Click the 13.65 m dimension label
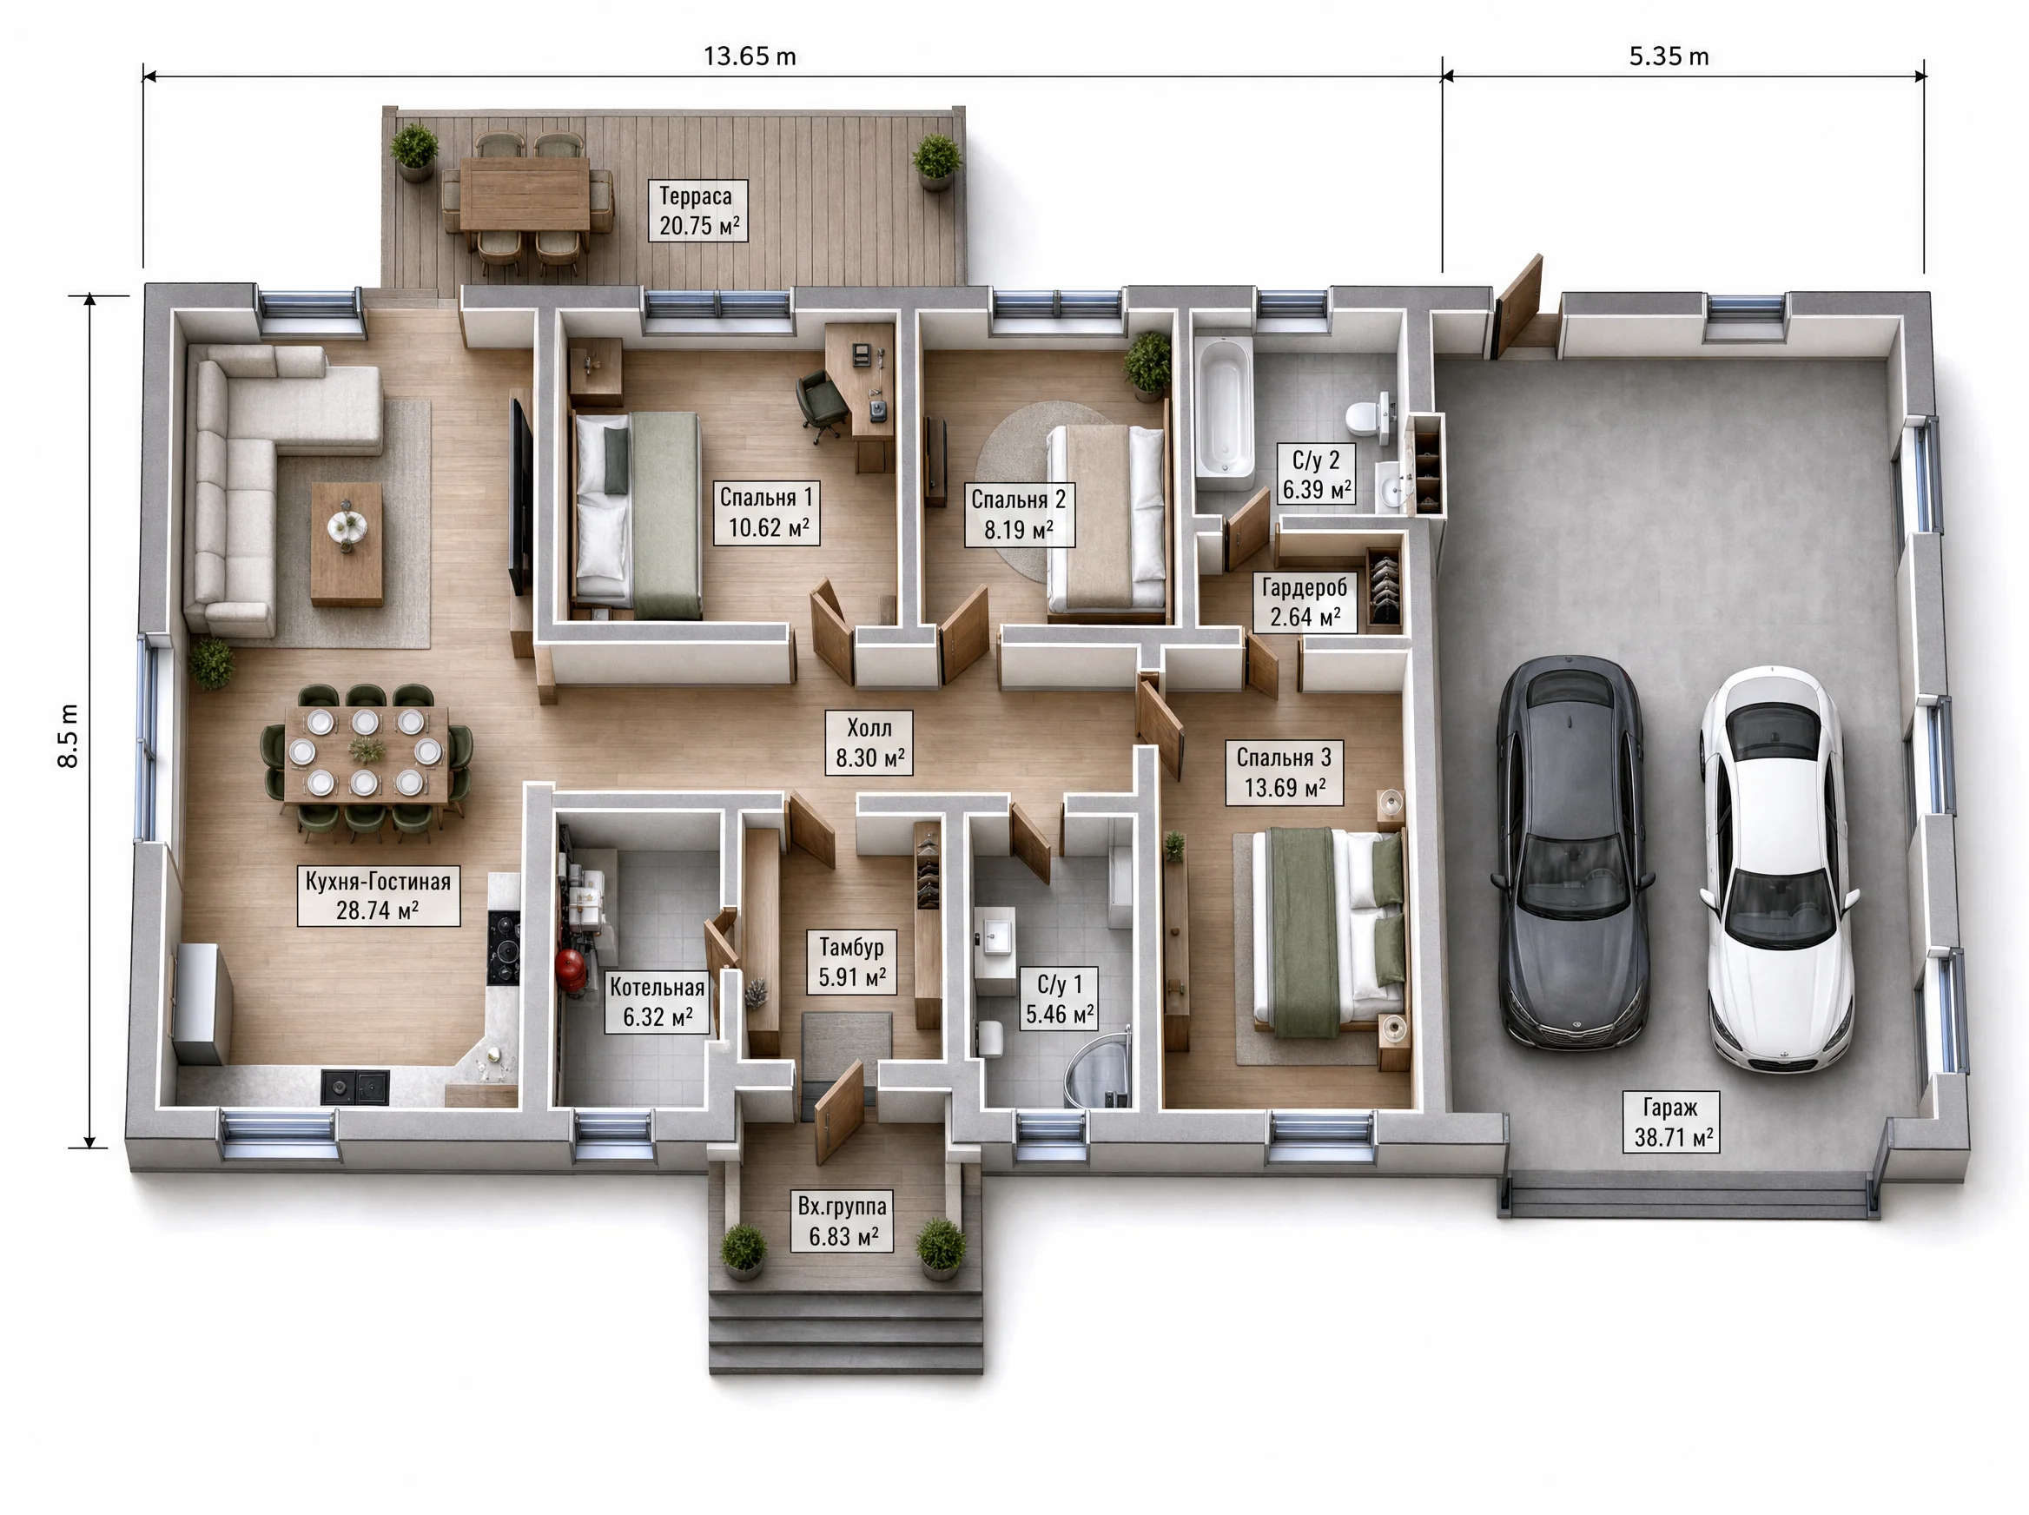coord(749,56)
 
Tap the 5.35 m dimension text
coord(1669,56)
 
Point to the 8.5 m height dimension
coord(69,736)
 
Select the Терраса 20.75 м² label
coord(697,211)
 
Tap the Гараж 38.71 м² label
coord(1671,1121)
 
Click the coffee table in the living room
coord(347,544)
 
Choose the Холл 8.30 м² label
coord(869,743)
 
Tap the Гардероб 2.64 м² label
coord(1305,602)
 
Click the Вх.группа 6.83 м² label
coord(842,1221)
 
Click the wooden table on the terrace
coord(525,194)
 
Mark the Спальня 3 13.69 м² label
coord(1284,772)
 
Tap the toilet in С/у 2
coord(1370,418)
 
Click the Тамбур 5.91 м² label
coord(852,962)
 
